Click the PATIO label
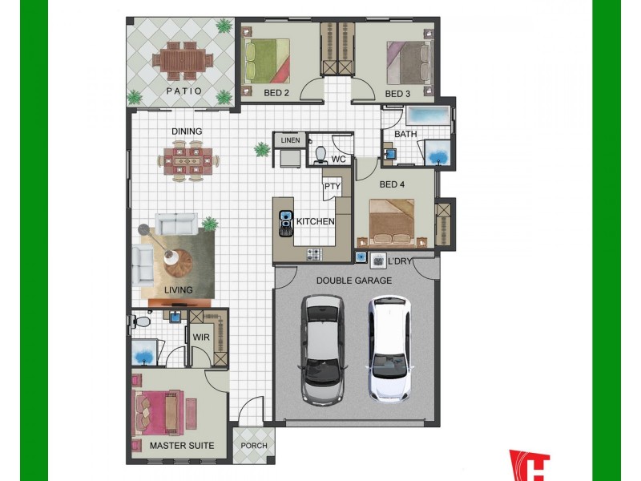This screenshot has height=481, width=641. pyautogui.click(x=185, y=91)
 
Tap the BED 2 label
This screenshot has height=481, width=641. pyautogui.click(x=276, y=94)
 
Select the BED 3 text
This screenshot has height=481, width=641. pyautogui.click(x=397, y=94)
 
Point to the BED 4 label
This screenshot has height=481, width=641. pyautogui.click(x=392, y=184)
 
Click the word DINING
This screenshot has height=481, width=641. pyautogui.click(x=186, y=131)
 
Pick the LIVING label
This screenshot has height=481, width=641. pyautogui.click(x=179, y=289)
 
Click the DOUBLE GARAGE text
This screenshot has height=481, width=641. pyautogui.click(x=353, y=281)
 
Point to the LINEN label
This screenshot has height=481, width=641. pyautogui.click(x=290, y=140)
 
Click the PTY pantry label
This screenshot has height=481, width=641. pyautogui.click(x=333, y=187)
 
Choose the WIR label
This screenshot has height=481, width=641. pyautogui.click(x=200, y=338)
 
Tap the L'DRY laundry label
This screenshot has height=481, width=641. pyautogui.click(x=399, y=261)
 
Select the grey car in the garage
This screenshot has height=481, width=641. pyautogui.click(x=323, y=348)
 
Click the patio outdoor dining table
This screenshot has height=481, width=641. pyautogui.click(x=185, y=59)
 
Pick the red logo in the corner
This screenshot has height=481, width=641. pyautogui.click(x=530, y=465)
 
